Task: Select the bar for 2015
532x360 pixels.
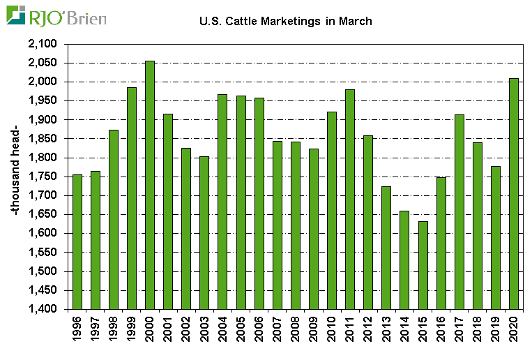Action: (x=423, y=265)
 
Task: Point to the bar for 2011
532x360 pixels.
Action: (x=350, y=199)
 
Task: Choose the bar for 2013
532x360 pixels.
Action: (x=386, y=248)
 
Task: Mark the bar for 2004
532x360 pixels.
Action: (x=222, y=202)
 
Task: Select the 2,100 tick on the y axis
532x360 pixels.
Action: (x=44, y=44)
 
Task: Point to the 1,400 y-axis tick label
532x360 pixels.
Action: (x=44, y=309)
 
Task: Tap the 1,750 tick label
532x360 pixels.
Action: (x=44, y=177)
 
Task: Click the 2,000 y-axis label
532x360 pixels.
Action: (x=44, y=82)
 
